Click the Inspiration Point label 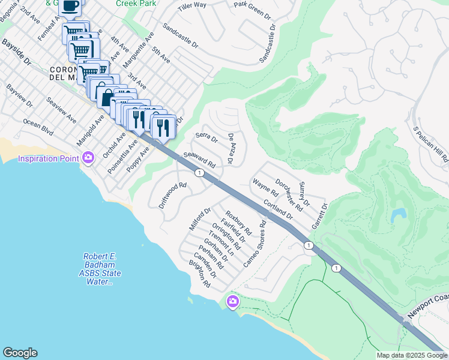[48, 158]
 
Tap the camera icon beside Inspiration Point [88, 158]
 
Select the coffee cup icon [70, 6]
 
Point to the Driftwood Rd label [173, 195]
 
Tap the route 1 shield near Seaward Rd [198, 173]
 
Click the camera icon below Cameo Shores [232, 301]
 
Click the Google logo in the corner [20, 353]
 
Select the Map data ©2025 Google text [412, 355]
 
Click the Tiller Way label [193, 6]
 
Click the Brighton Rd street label [199, 274]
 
